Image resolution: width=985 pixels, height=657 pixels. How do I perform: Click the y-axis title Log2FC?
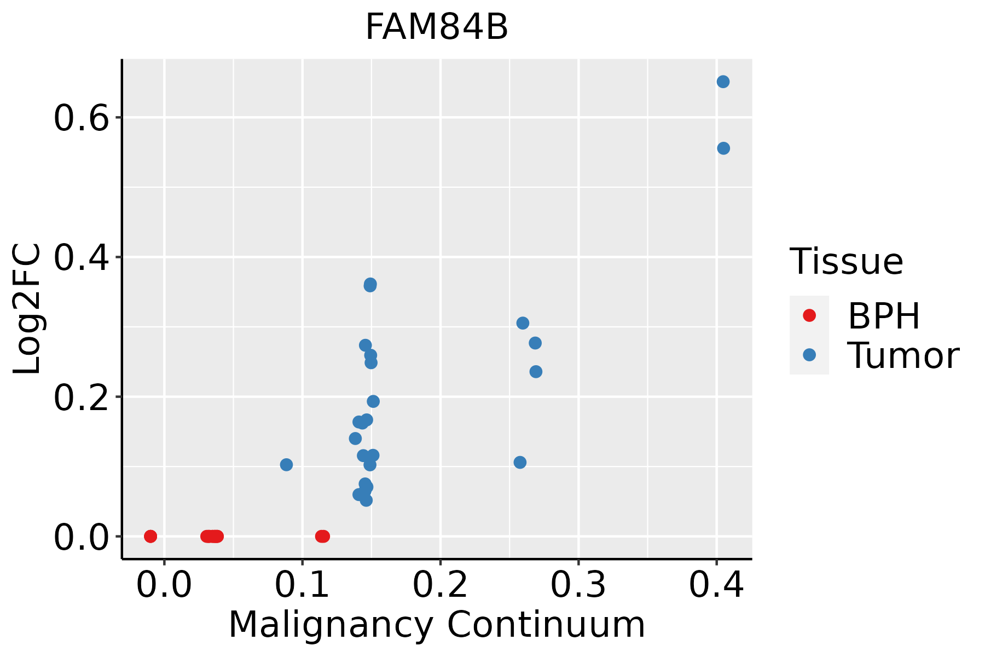pyautogui.click(x=27, y=309)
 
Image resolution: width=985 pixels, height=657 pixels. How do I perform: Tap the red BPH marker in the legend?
pyautogui.click(x=809, y=315)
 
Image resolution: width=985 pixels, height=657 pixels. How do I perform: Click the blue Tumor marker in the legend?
pyautogui.click(x=809, y=355)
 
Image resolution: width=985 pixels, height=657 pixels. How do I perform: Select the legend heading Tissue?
pyautogui.click(x=847, y=262)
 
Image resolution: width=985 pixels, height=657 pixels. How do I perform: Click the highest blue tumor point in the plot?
pyautogui.click(x=723, y=82)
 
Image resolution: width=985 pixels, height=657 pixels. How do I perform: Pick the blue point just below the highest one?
pyautogui.click(x=723, y=148)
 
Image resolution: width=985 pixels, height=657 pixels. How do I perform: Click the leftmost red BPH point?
pyautogui.click(x=150, y=536)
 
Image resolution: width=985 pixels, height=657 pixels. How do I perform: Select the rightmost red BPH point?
pyautogui.click(x=323, y=536)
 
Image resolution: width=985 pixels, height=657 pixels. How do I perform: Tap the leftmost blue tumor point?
pyautogui.click(x=286, y=465)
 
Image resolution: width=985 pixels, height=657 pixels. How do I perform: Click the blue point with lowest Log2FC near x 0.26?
pyautogui.click(x=520, y=463)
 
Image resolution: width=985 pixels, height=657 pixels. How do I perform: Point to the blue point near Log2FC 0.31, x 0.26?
pyautogui.click(x=523, y=323)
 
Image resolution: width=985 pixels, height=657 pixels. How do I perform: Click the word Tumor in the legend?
pyautogui.click(x=903, y=356)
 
